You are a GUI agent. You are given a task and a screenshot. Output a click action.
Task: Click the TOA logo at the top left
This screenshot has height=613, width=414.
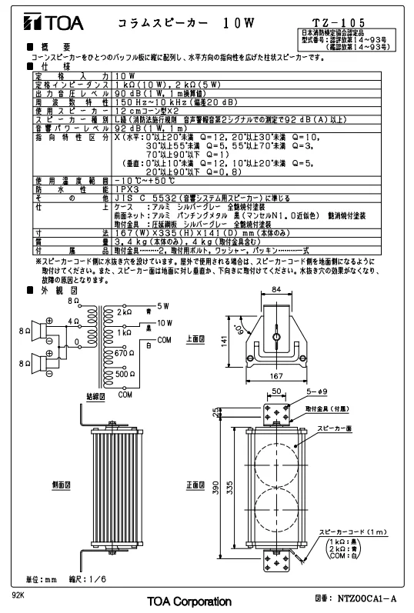[54, 22]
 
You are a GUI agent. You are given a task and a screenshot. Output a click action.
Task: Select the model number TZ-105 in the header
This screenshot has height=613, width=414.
[339, 22]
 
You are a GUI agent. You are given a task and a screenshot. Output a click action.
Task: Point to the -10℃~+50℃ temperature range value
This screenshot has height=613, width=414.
[145, 181]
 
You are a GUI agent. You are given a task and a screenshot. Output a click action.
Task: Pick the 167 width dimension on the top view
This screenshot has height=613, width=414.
[275, 375]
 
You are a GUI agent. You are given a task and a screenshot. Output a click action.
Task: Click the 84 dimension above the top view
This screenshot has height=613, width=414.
[276, 290]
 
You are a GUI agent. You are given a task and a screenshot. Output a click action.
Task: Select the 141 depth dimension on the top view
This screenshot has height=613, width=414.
[224, 341]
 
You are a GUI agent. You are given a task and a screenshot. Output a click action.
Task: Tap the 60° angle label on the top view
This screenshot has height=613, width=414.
[238, 328]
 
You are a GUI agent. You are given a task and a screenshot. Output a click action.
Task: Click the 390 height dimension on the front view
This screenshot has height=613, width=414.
[215, 487]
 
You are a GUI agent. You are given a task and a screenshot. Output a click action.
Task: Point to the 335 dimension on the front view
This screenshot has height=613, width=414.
[230, 487]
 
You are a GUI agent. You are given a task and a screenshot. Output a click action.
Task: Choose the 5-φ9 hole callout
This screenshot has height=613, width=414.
[317, 391]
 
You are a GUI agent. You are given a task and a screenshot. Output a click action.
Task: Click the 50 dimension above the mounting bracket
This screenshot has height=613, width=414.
[276, 391]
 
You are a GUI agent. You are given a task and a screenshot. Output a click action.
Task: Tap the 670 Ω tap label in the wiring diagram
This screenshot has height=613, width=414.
[125, 353]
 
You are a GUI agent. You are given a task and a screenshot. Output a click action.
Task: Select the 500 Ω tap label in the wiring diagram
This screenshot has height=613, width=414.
[125, 374]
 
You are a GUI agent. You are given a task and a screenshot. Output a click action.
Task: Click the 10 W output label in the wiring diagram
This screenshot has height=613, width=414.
[165, 323]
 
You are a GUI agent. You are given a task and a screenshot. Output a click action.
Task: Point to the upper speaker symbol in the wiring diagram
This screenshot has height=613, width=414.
[39, 331]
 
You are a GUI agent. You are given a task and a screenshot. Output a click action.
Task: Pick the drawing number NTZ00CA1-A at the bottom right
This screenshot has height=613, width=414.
[366, 598]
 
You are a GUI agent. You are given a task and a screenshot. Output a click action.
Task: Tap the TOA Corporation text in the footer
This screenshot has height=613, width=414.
[189, 601]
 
